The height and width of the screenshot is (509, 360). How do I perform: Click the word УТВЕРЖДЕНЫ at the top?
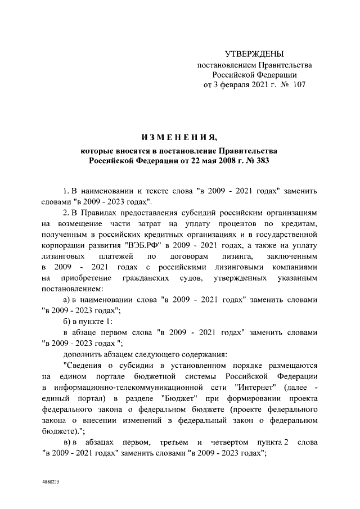(254, 55)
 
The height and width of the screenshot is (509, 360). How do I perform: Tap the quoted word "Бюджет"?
(178, 398)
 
